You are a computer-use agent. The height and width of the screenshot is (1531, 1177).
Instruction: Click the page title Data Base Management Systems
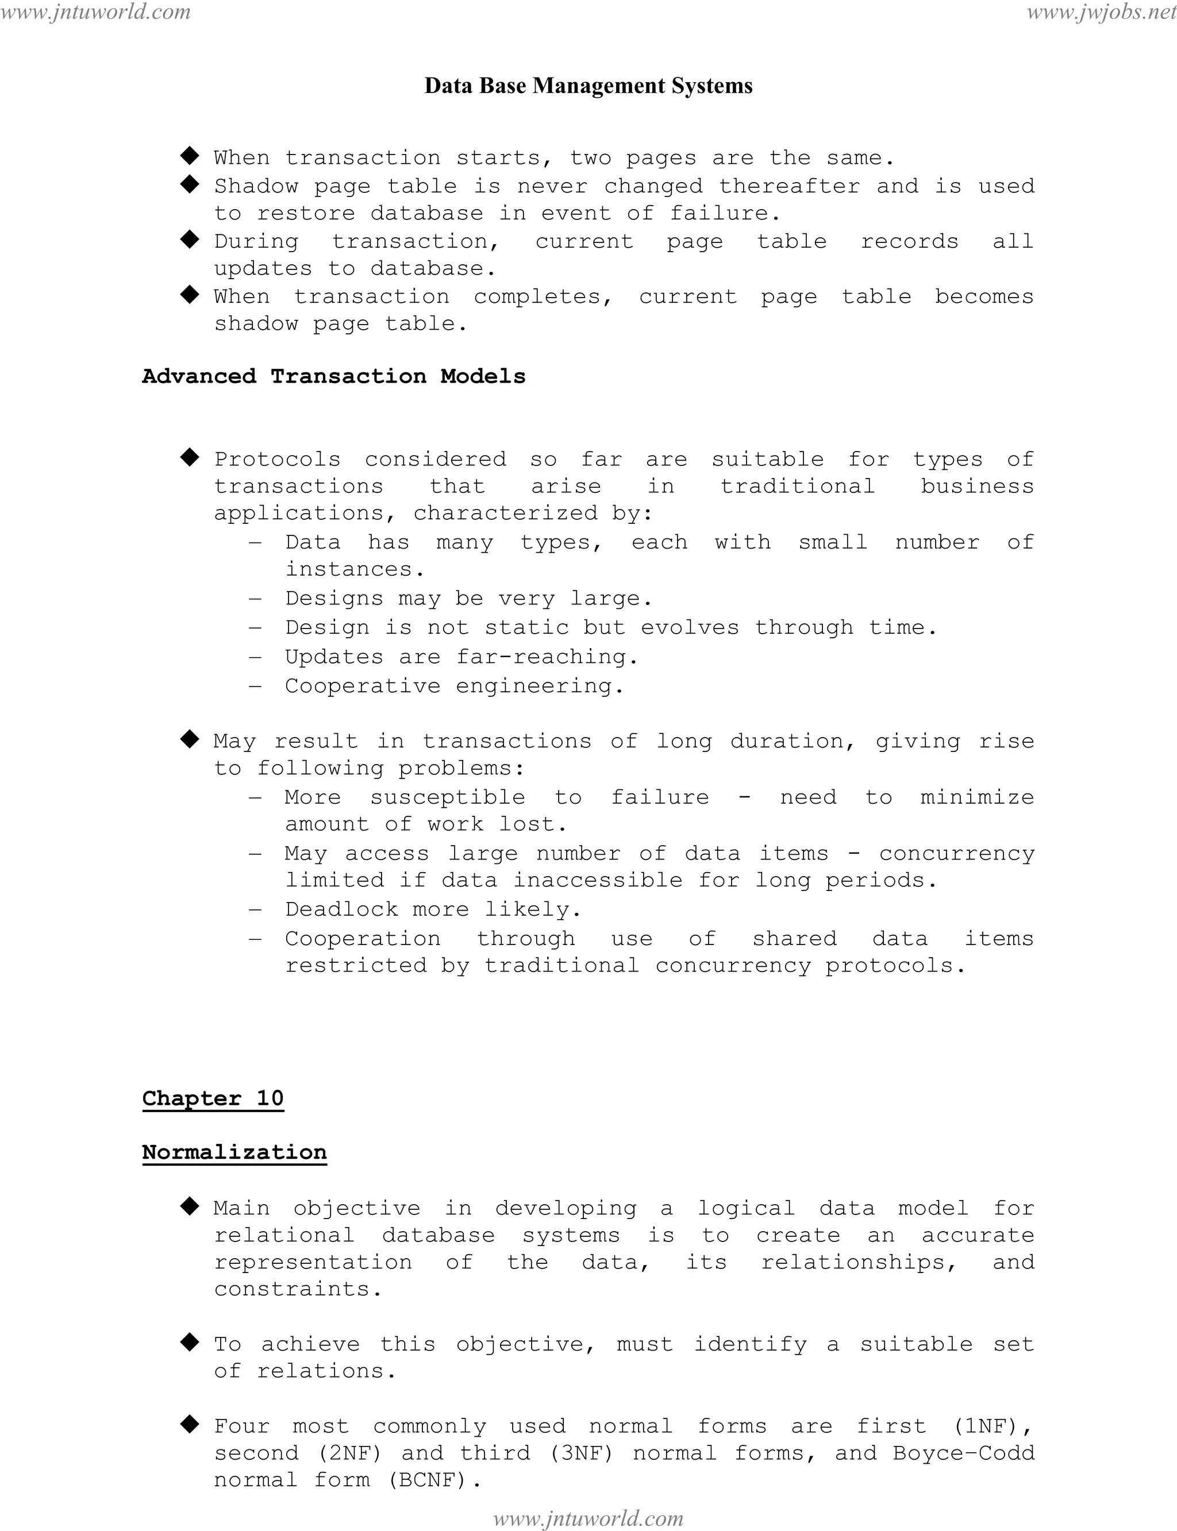pos(588,86)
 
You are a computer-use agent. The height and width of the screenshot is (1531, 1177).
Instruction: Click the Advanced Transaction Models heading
pos(333,376)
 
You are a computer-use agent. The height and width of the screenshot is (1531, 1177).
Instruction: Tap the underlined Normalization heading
pos(234,1152)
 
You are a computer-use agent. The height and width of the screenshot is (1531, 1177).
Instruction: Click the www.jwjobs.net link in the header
pos(1101,12)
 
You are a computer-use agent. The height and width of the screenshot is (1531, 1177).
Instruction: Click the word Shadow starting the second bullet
pos(256,186)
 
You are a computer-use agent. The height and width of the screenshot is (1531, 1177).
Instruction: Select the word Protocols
pos(278,460)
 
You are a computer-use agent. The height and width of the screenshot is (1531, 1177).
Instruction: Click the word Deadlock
pos(341,909)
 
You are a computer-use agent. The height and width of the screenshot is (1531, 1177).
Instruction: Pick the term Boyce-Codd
pos(963,1453)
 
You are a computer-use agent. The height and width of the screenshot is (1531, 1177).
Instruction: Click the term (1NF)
pos(986,1426)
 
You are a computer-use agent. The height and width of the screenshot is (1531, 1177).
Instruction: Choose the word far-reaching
pos(541,657)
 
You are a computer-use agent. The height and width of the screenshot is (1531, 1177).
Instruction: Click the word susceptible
pos(448,797)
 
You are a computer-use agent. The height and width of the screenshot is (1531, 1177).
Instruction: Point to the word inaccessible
pos(598,880)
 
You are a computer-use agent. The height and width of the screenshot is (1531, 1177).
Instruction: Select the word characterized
pos(505,514)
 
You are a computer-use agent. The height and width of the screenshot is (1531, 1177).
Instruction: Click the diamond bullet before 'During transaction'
pos(190,240)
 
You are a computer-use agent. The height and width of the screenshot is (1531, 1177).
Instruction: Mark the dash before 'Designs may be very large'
pos(255,599)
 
